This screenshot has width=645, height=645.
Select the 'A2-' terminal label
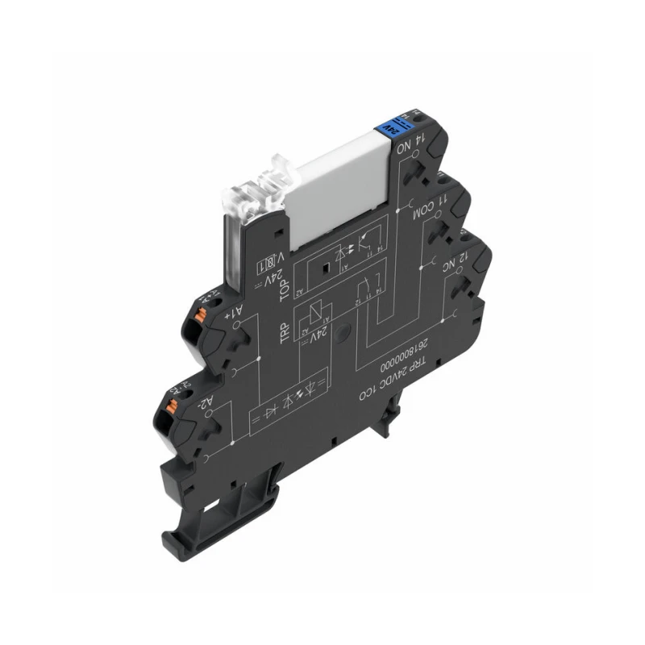click(206, 401)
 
